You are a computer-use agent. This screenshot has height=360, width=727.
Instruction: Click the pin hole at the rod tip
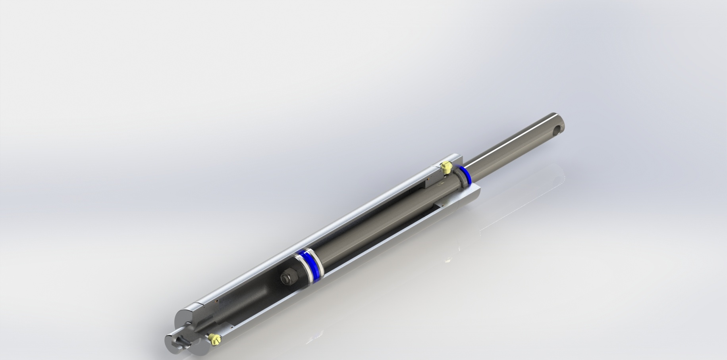point(558,129)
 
